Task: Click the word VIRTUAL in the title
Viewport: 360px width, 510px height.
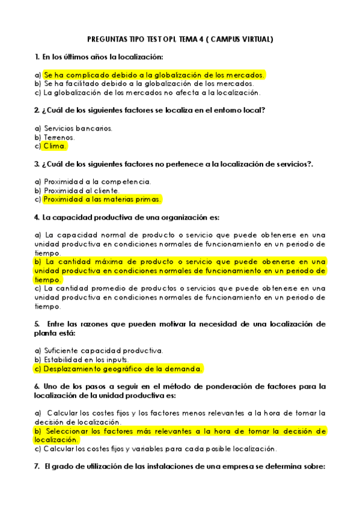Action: [256, 40]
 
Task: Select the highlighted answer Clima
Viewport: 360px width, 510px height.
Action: [55, 146]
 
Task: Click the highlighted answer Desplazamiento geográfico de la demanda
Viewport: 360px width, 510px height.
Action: [123, 369]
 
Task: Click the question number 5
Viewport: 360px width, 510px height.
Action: [37, 324]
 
